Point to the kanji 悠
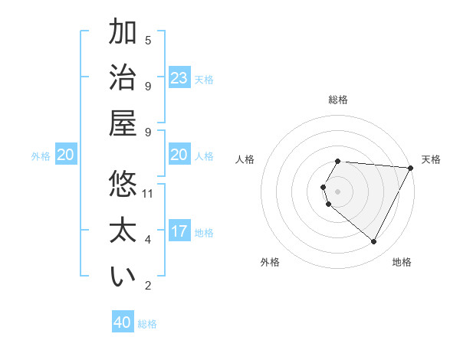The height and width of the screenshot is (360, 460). [x=123, y=185]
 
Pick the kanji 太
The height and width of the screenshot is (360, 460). [x=123, y=231]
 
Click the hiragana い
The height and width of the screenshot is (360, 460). [x=123, y=277]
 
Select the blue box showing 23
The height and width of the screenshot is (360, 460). [x=179, y=77]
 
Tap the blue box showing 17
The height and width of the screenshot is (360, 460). [x=179, y=231]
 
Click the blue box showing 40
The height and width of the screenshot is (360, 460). [x=123, y=322]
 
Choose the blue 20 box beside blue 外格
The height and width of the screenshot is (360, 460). [x=65, y=155]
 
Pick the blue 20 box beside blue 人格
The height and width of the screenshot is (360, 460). [x=179, y=155]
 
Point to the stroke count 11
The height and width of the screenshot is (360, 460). [x=148, y=194]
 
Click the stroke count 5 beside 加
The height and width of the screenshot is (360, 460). [x=148, y=40]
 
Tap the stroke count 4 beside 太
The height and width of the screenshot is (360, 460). [x=148, y=240]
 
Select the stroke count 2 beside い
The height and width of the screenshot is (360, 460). [x=148, y=286]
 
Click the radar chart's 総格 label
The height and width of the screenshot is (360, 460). [x=338, y=100]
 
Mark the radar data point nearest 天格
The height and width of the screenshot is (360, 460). [x=411, y=167]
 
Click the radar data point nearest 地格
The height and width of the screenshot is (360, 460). [x=374, y=242]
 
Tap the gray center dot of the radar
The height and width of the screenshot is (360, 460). [x=338, y=191]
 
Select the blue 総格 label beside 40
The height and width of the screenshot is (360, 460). [x=147, y=324]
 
